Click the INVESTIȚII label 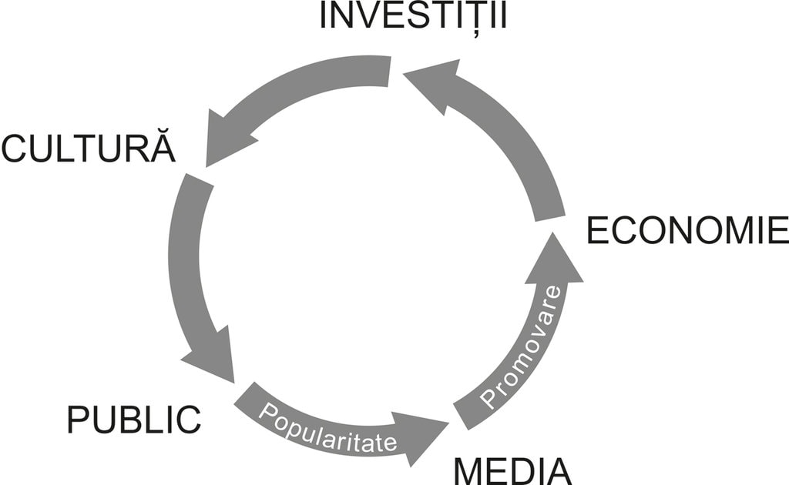point(413,16)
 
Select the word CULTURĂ point(89,148)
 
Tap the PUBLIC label point(134,420)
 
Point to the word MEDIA point(512,470)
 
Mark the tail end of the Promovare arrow point(466,414)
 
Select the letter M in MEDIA point(469,470)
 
